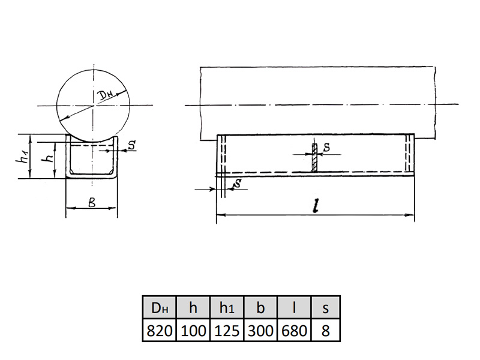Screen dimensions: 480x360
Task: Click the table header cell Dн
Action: [160, 307]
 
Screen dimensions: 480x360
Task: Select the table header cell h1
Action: [227, 307]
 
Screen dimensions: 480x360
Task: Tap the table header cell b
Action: [260, 307]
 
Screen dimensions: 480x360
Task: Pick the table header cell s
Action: [326, 307]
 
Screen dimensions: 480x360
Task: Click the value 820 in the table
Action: [160, 331]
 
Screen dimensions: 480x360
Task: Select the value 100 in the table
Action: [193, 331]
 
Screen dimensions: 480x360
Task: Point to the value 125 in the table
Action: [227, 331]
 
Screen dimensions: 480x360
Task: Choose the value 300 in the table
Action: [260, 331]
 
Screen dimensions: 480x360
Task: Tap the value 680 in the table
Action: [294, 331]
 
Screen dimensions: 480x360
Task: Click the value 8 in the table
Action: [326, 331]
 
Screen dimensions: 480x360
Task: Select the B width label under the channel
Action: [92, 202]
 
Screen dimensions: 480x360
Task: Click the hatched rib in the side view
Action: [314, 157]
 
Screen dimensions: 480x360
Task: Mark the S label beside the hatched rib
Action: [327, 147]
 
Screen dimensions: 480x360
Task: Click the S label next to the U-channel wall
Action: [131, 145]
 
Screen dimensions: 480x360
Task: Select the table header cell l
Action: [294, 307]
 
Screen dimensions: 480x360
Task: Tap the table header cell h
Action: [193, 307]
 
